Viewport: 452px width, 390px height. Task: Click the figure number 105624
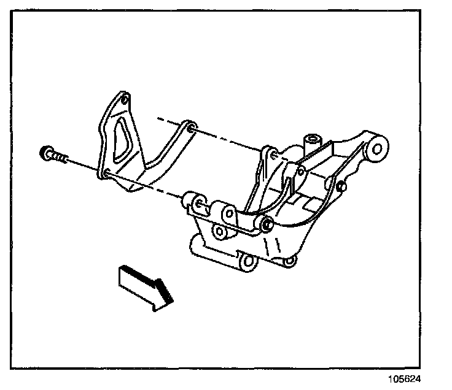click(x=406, y=378)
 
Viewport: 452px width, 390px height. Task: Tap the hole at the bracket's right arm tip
click(x=192, y=128)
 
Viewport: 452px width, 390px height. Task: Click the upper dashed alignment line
click(x=227, y=139)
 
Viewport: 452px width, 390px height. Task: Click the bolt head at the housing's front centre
click(x=267, y=224)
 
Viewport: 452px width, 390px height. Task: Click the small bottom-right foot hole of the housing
click(x=289, y=262)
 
